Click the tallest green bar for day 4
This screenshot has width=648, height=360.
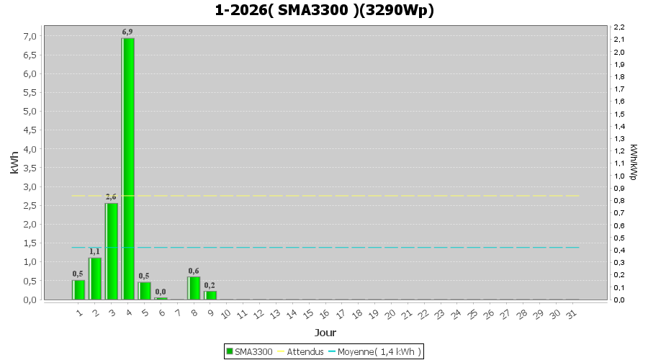coord(128,168)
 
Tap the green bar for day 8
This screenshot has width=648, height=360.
coord(194,288)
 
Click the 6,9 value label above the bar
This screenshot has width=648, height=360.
coord(127,32)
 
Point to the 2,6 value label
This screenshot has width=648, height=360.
coord(111,197)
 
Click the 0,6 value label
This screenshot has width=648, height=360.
coord(194,271)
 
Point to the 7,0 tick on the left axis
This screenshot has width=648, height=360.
coord(30,36)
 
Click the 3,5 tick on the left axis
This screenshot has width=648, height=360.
coord(30,168)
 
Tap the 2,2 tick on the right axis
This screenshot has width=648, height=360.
coord(618,27)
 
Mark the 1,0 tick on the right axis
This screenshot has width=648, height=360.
coord(618,176)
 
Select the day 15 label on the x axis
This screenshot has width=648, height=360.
coord(307,314)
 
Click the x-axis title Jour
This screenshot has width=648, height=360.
coord(325,333)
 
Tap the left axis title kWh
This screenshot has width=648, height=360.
coord(14,163)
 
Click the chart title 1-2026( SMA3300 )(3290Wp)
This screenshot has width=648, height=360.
coord(324,10)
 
